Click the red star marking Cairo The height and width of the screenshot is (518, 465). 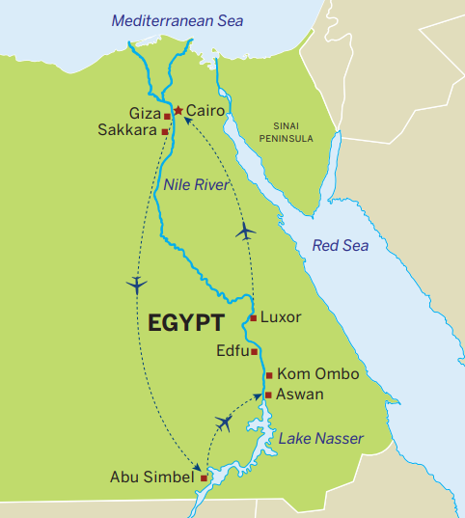[178, 111]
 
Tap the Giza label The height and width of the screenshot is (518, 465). [146, 113]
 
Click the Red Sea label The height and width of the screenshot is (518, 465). [341, 246]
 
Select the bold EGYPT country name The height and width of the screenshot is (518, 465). [186, 322]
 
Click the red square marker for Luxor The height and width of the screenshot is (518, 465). [253, 317]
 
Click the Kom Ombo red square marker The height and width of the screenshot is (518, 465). [269, 374]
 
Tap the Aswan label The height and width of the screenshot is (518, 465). [299, 395]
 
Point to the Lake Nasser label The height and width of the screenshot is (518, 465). [321, 439]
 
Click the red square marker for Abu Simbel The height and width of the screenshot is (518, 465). [204, 477]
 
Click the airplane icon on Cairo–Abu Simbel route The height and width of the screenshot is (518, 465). [137, 284]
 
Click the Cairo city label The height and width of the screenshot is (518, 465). [205, 111]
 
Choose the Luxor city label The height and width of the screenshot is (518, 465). [281, 316]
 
